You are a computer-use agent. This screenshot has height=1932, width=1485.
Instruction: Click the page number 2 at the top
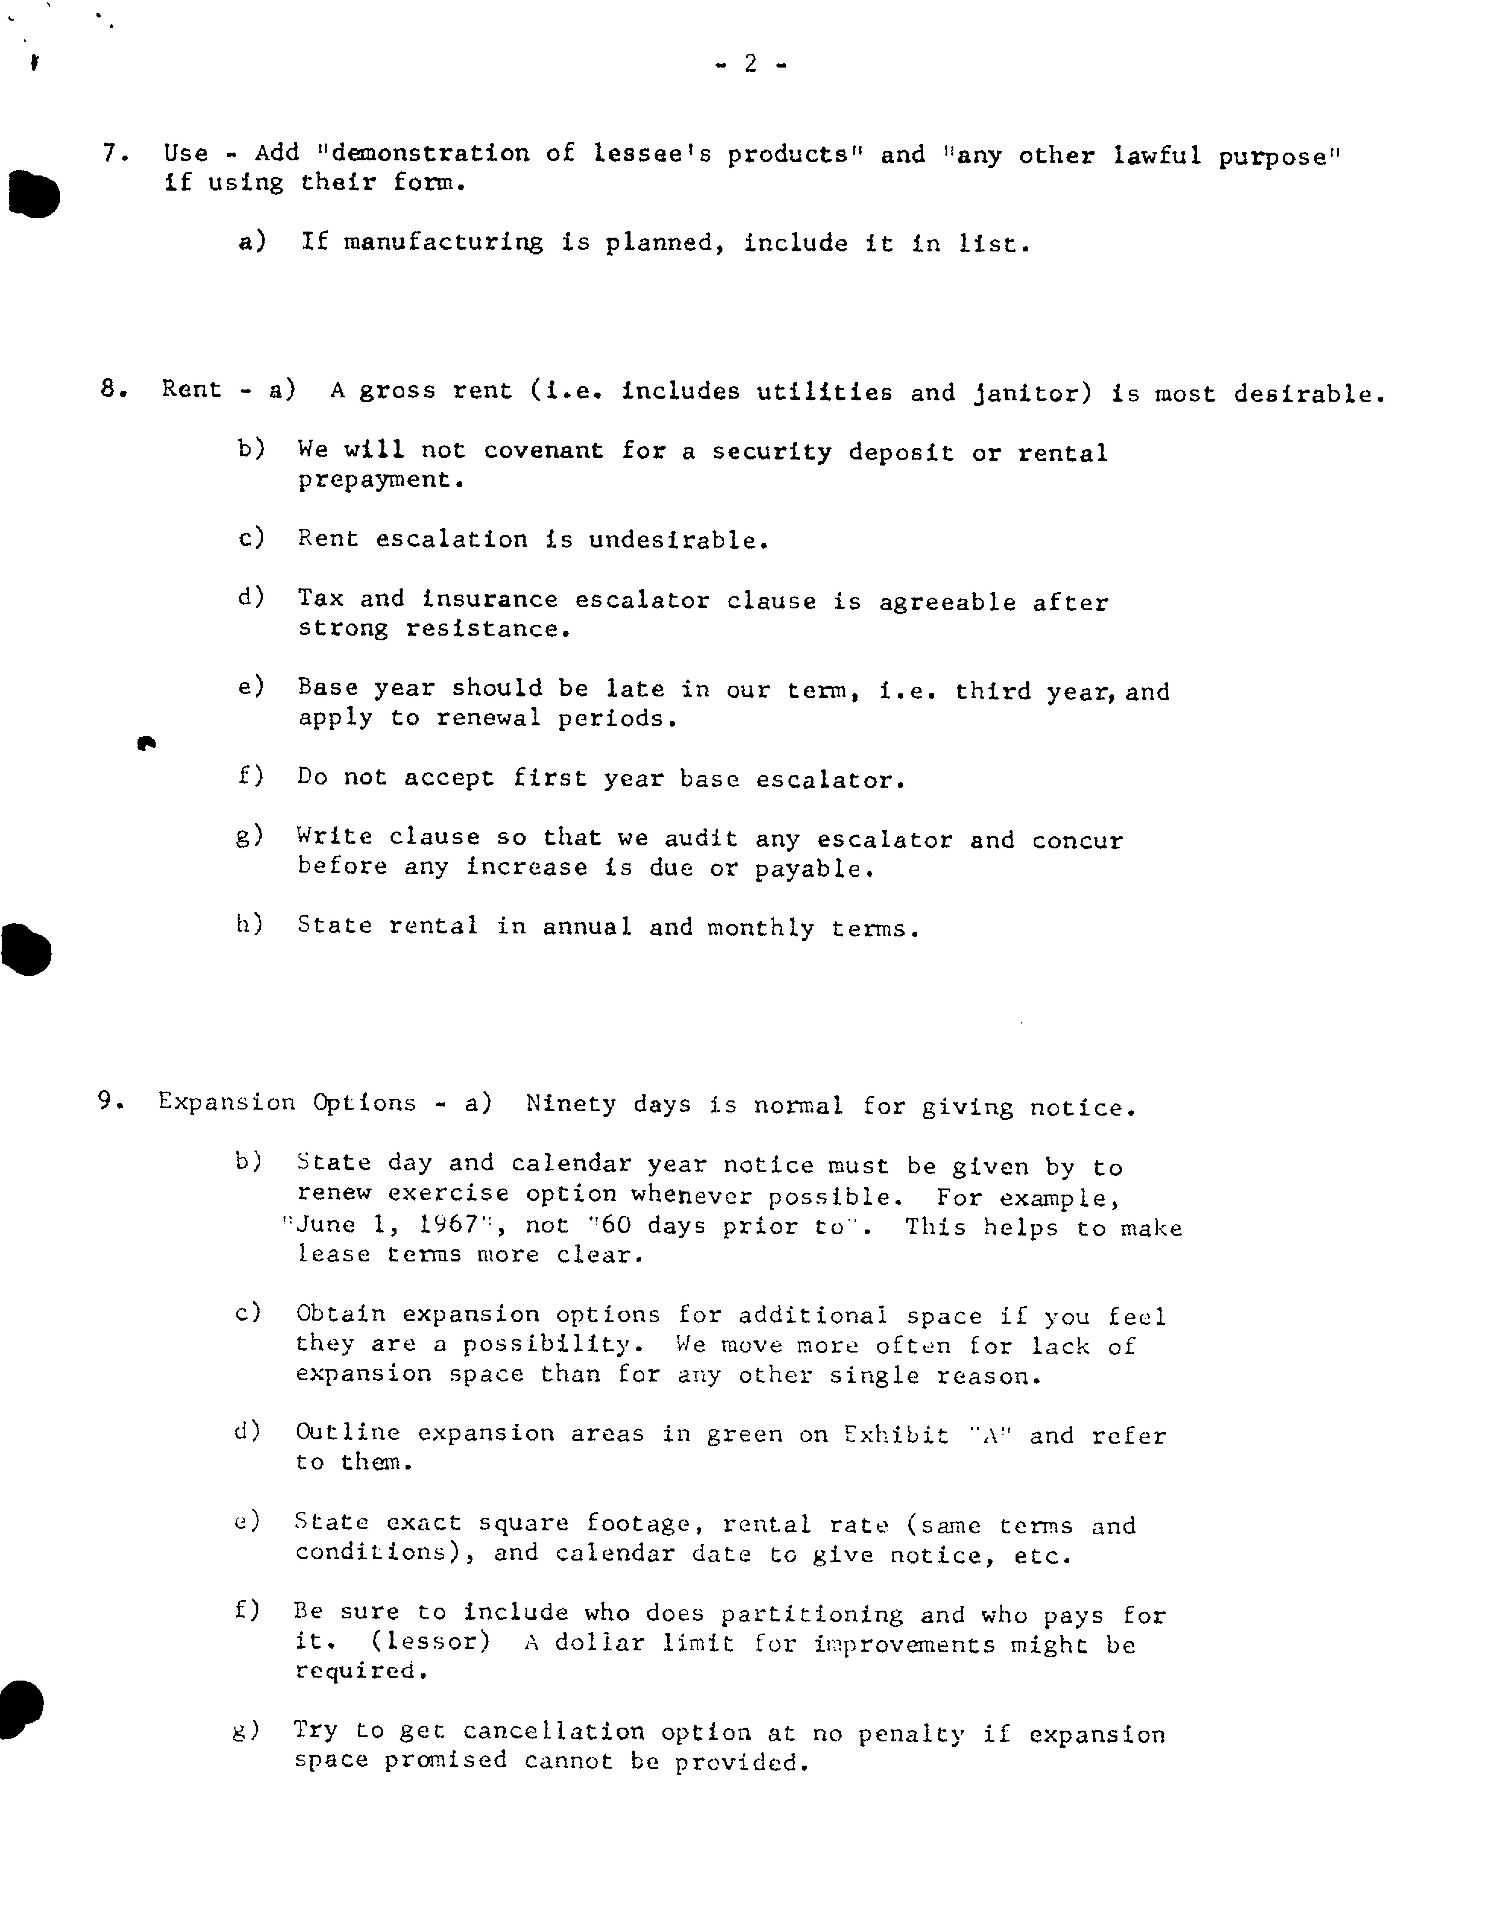click(x=750, y=64)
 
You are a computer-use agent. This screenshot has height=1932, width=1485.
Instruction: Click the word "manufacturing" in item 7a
click(x=443, y=243)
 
